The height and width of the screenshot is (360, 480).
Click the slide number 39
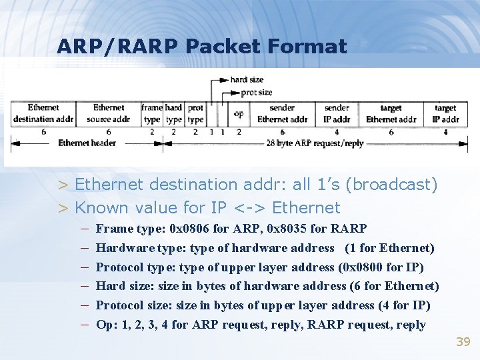tap(463, 342)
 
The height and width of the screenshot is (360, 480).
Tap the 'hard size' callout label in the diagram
tap(247, 80)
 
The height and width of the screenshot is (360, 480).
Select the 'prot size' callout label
tap(256, 92)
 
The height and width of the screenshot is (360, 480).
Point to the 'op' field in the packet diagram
tap(239, 113)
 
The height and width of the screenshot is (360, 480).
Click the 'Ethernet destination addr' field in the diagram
tap(43, 113)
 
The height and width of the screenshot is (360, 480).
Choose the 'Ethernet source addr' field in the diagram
tap(108, 113)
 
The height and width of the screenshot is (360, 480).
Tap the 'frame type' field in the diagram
tap(151, 113)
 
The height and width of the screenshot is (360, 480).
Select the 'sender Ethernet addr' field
tap(282, 113)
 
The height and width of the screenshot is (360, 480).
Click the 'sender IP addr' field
tap(337, 113)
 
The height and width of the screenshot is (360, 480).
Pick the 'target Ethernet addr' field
tap(391, 113)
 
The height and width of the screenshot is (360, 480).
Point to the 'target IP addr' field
tap(445, 113)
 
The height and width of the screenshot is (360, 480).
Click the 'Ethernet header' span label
tap(87, 143)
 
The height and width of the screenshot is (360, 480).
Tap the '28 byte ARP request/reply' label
tap(315, 143)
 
